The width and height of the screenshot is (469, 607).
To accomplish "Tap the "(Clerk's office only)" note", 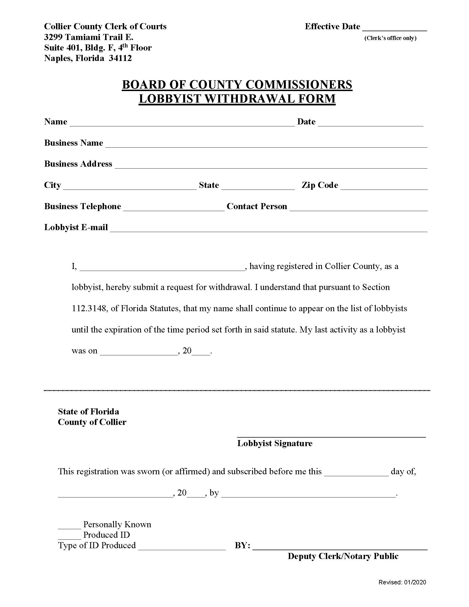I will [x=390, y=38].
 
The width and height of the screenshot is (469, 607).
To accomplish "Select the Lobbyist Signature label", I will [x=275, y=443].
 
